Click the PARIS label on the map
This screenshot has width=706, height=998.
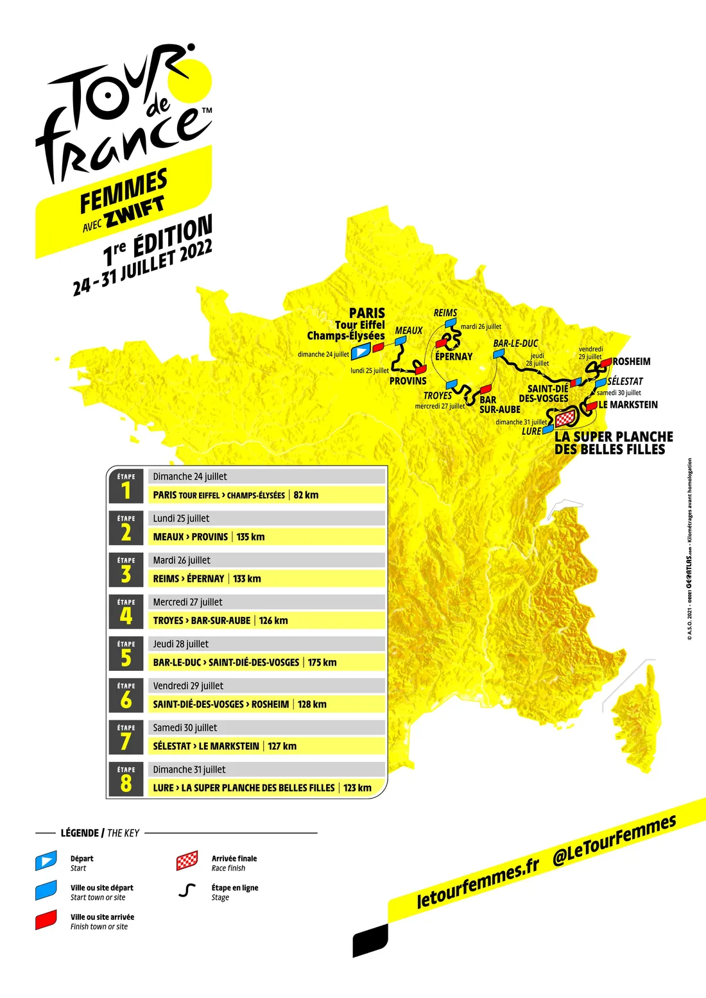click(x=367, y=313)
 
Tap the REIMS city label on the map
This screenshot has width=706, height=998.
click(x=445, y=313)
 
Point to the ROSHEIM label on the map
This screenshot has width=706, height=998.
click(x=632, y=362)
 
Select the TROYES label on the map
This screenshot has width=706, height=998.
click(x=438, y=396)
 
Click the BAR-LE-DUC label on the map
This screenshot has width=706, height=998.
click(x=515, y=344)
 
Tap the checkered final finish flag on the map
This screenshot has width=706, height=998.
click(x=565, y=419)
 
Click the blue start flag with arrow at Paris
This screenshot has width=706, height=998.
click(x=361, y=351)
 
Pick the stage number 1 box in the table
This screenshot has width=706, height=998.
click(x=126, y=486)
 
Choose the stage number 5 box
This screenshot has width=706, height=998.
click(x=126, y=654)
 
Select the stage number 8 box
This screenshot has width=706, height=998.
click(x=126, y=779)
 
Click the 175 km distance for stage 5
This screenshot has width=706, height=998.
click(x=322, y=663)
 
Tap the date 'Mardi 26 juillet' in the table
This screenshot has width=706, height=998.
click(x=182, y=561)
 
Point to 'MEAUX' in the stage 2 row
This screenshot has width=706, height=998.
click(x=170, y=537)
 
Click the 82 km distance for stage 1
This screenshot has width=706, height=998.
click(x=306, y=495)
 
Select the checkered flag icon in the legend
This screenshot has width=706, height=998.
click(x=187, y=861)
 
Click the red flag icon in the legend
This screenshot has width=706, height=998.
click(x=46, y=920)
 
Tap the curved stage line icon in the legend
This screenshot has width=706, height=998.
click(x=187, y=890)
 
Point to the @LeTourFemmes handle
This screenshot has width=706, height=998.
click(x=614, y=840)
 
